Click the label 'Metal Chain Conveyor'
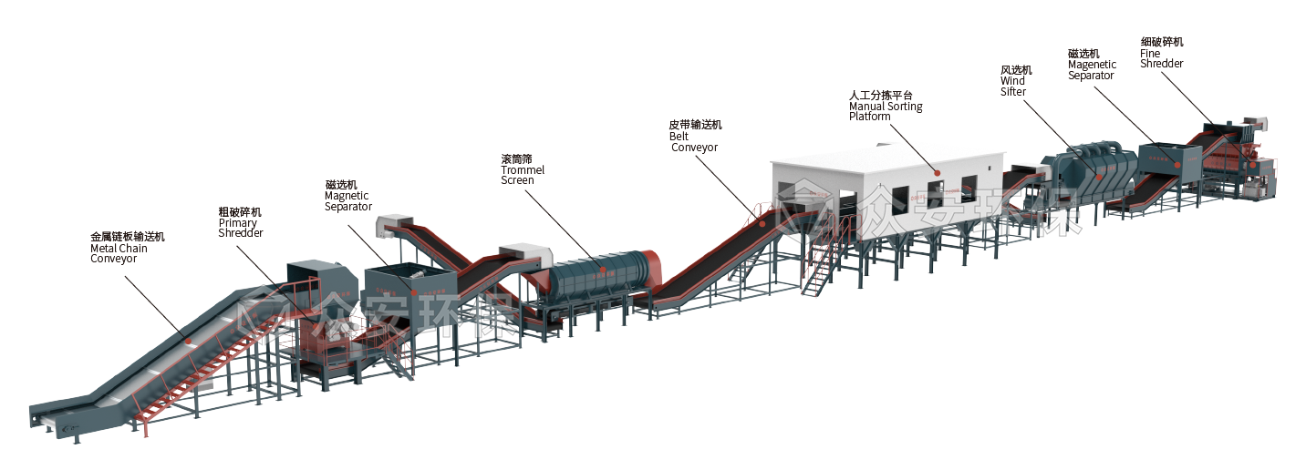pyautogui.click(x=127, y=248)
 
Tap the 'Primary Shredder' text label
pyautogui.click(x=241, y=222)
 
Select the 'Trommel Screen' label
pyautogui.click(x=523, y=169)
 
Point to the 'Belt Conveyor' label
pyautogui.click(x=694, y=137)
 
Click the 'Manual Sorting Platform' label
pyautogui.click(x=886, y=106)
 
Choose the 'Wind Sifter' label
pyautogui.click(x=1015, y=81)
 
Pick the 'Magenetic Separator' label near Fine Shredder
pyautogui.click(x=1092, y=65)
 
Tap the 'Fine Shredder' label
pyautogui.click(x=1162, y=53)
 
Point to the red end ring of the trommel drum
pyautogui.click(x=648, y=266)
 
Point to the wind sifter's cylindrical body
pyautogui.click(x=1094, y=164)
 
